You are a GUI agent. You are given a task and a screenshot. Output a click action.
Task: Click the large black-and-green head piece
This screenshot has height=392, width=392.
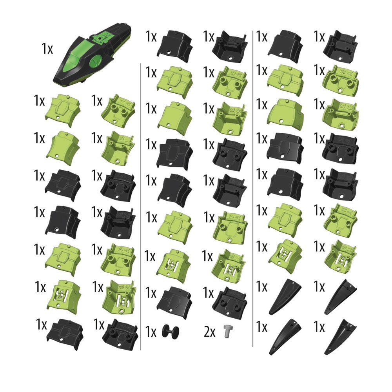(91, 54)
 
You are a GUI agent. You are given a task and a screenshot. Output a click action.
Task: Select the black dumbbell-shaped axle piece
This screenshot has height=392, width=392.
(171, 332)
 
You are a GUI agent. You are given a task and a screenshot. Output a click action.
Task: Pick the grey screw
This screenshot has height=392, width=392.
(227, 331)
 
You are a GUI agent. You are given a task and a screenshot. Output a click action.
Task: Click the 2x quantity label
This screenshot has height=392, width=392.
(209, 332)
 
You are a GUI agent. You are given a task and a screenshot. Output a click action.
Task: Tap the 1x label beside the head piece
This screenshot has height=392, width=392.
(47, 48)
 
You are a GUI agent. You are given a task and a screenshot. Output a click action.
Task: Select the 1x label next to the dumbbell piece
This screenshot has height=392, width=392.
(151, 332)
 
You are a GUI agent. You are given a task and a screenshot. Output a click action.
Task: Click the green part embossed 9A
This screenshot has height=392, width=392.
(341, 81)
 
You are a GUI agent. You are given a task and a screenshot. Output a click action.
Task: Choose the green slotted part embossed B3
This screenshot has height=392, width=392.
(120, 296)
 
